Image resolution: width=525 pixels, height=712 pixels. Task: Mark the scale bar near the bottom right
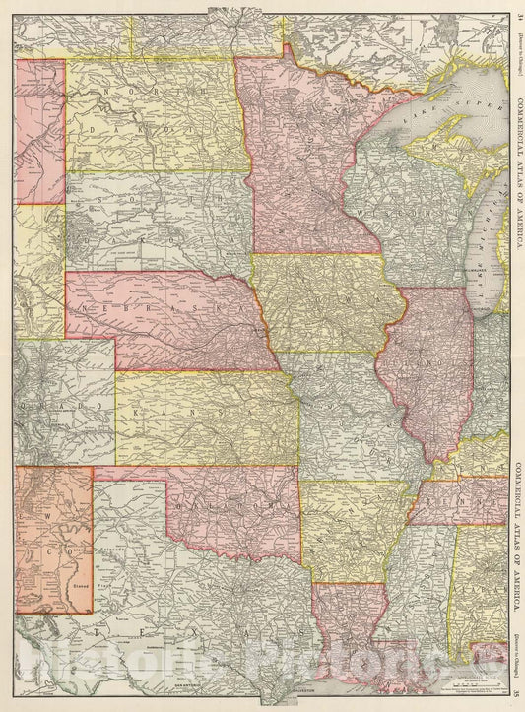(433, 680)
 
